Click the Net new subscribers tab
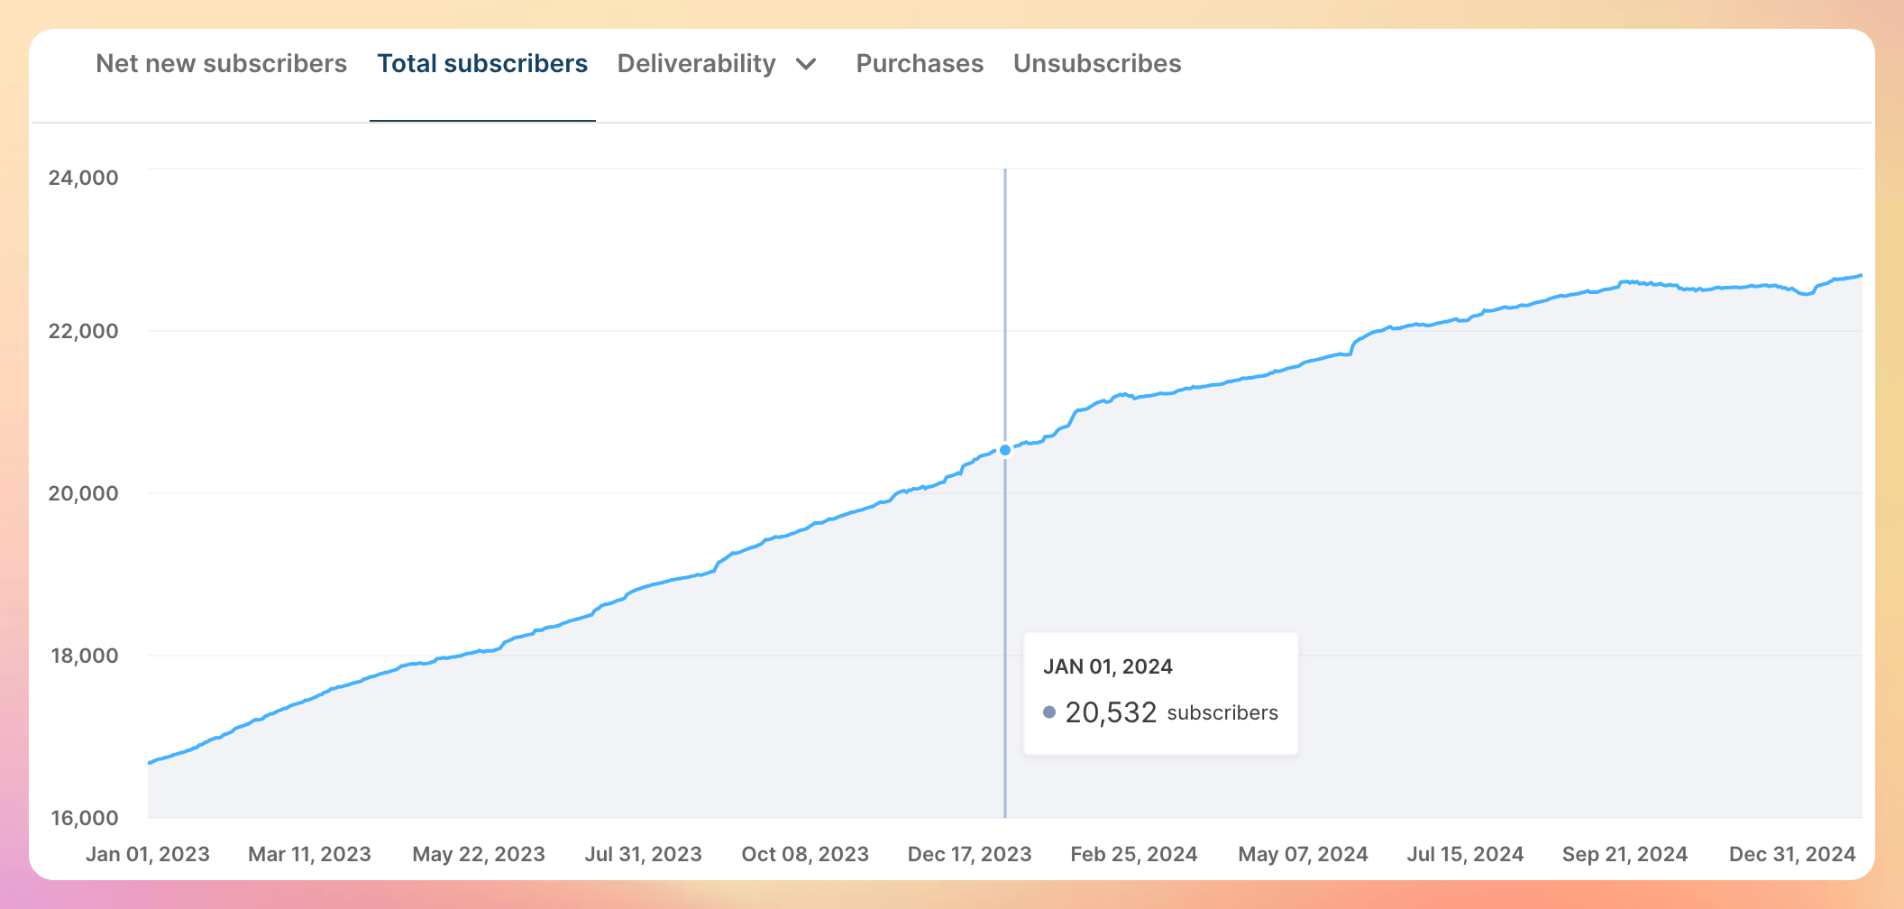(221, 64)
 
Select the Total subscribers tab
(482, 64)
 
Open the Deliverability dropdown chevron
(807, 64)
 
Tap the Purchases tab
(920, 64)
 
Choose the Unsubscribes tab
(1097, 64)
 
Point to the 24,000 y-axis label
(84, 178)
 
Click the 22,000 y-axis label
(84, 331)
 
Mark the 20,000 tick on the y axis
(84, 493)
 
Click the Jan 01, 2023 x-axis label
(148, 854)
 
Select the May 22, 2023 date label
(479, 854)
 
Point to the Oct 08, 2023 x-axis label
(805, 854)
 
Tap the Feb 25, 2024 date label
(1134, 854)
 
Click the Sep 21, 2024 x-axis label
(1625, 854)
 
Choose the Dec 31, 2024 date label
(1792, 854)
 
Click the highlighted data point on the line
(1005, 450)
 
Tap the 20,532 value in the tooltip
(1111, 712)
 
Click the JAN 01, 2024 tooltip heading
(1108, 666)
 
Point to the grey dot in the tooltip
(1049, 712)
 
